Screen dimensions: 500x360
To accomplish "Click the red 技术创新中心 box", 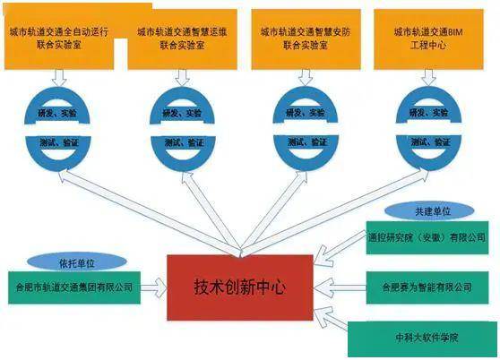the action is pos(240,287).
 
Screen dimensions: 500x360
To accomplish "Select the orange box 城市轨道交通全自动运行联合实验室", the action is pos(59,38).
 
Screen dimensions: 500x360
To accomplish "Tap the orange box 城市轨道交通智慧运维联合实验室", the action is pos(183,39).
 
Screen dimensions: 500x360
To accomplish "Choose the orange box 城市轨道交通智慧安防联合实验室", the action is pos(306,39).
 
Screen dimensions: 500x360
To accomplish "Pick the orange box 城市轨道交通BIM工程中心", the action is pos(428,39).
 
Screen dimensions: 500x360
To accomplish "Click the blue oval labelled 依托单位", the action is pos(77,262).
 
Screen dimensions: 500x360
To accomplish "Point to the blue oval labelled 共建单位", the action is pos(429,211).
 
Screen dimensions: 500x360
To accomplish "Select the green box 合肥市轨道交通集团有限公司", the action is pos(74,287).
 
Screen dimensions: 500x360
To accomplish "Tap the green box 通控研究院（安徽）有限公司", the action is pos(427,237).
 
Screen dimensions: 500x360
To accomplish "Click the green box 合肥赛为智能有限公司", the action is pos(427,287).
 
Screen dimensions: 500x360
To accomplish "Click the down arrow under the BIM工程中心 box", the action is pos(428,77).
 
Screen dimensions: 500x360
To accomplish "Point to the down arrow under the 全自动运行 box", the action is pos(59,77).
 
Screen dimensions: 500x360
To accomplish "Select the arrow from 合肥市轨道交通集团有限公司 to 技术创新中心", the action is pos(154,287).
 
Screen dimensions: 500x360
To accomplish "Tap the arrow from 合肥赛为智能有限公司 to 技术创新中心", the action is pos(340,287).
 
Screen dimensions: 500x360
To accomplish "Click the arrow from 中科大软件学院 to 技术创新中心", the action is pos(331,319).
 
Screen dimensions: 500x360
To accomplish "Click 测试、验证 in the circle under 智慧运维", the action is pos(184,142).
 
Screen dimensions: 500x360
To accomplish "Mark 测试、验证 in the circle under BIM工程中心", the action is pos(430,142).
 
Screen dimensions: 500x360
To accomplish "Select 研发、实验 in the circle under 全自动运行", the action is pos(57,113).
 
